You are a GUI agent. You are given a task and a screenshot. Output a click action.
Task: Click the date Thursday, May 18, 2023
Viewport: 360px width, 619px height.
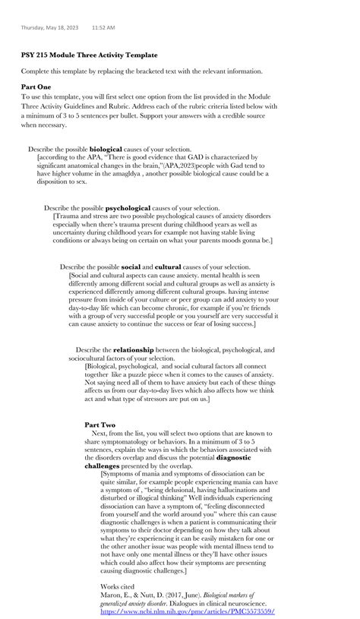(49, 27)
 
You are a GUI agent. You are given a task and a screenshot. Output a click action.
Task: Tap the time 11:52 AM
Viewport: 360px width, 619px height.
(103, 27)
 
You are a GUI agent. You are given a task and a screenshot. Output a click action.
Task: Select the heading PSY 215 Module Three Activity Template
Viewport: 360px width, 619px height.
(90, 55)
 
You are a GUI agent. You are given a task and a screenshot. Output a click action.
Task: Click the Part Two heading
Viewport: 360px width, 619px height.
(100, 425)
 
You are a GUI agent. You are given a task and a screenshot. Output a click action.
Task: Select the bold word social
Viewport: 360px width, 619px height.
(131, 267)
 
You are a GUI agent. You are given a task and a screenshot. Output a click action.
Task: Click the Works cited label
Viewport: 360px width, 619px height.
(118, 586)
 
